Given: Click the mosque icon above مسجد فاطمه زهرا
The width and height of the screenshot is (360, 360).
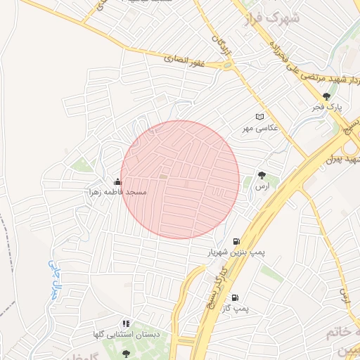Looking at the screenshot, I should [117, 182].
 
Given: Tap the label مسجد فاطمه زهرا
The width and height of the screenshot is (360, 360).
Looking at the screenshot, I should [117, 192].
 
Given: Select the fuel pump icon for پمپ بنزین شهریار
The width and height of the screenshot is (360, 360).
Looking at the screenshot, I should [235, 241].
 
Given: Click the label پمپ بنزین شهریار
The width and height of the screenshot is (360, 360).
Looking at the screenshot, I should [229, 251].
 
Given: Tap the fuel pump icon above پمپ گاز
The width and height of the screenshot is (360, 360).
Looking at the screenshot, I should [235, 298].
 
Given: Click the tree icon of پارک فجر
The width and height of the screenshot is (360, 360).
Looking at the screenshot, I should [326, 97].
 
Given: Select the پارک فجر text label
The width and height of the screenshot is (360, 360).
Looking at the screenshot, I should [327, 108].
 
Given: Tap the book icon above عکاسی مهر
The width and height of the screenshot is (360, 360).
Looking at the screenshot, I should [260, 117].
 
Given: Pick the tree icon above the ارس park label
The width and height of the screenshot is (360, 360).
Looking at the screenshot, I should [262, 175].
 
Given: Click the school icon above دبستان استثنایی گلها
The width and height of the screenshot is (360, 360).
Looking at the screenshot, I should [126, 323].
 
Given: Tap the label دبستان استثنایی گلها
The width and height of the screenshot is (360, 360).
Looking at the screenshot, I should [126, 334].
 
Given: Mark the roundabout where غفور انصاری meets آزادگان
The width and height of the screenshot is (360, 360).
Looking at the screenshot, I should [227, 66].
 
